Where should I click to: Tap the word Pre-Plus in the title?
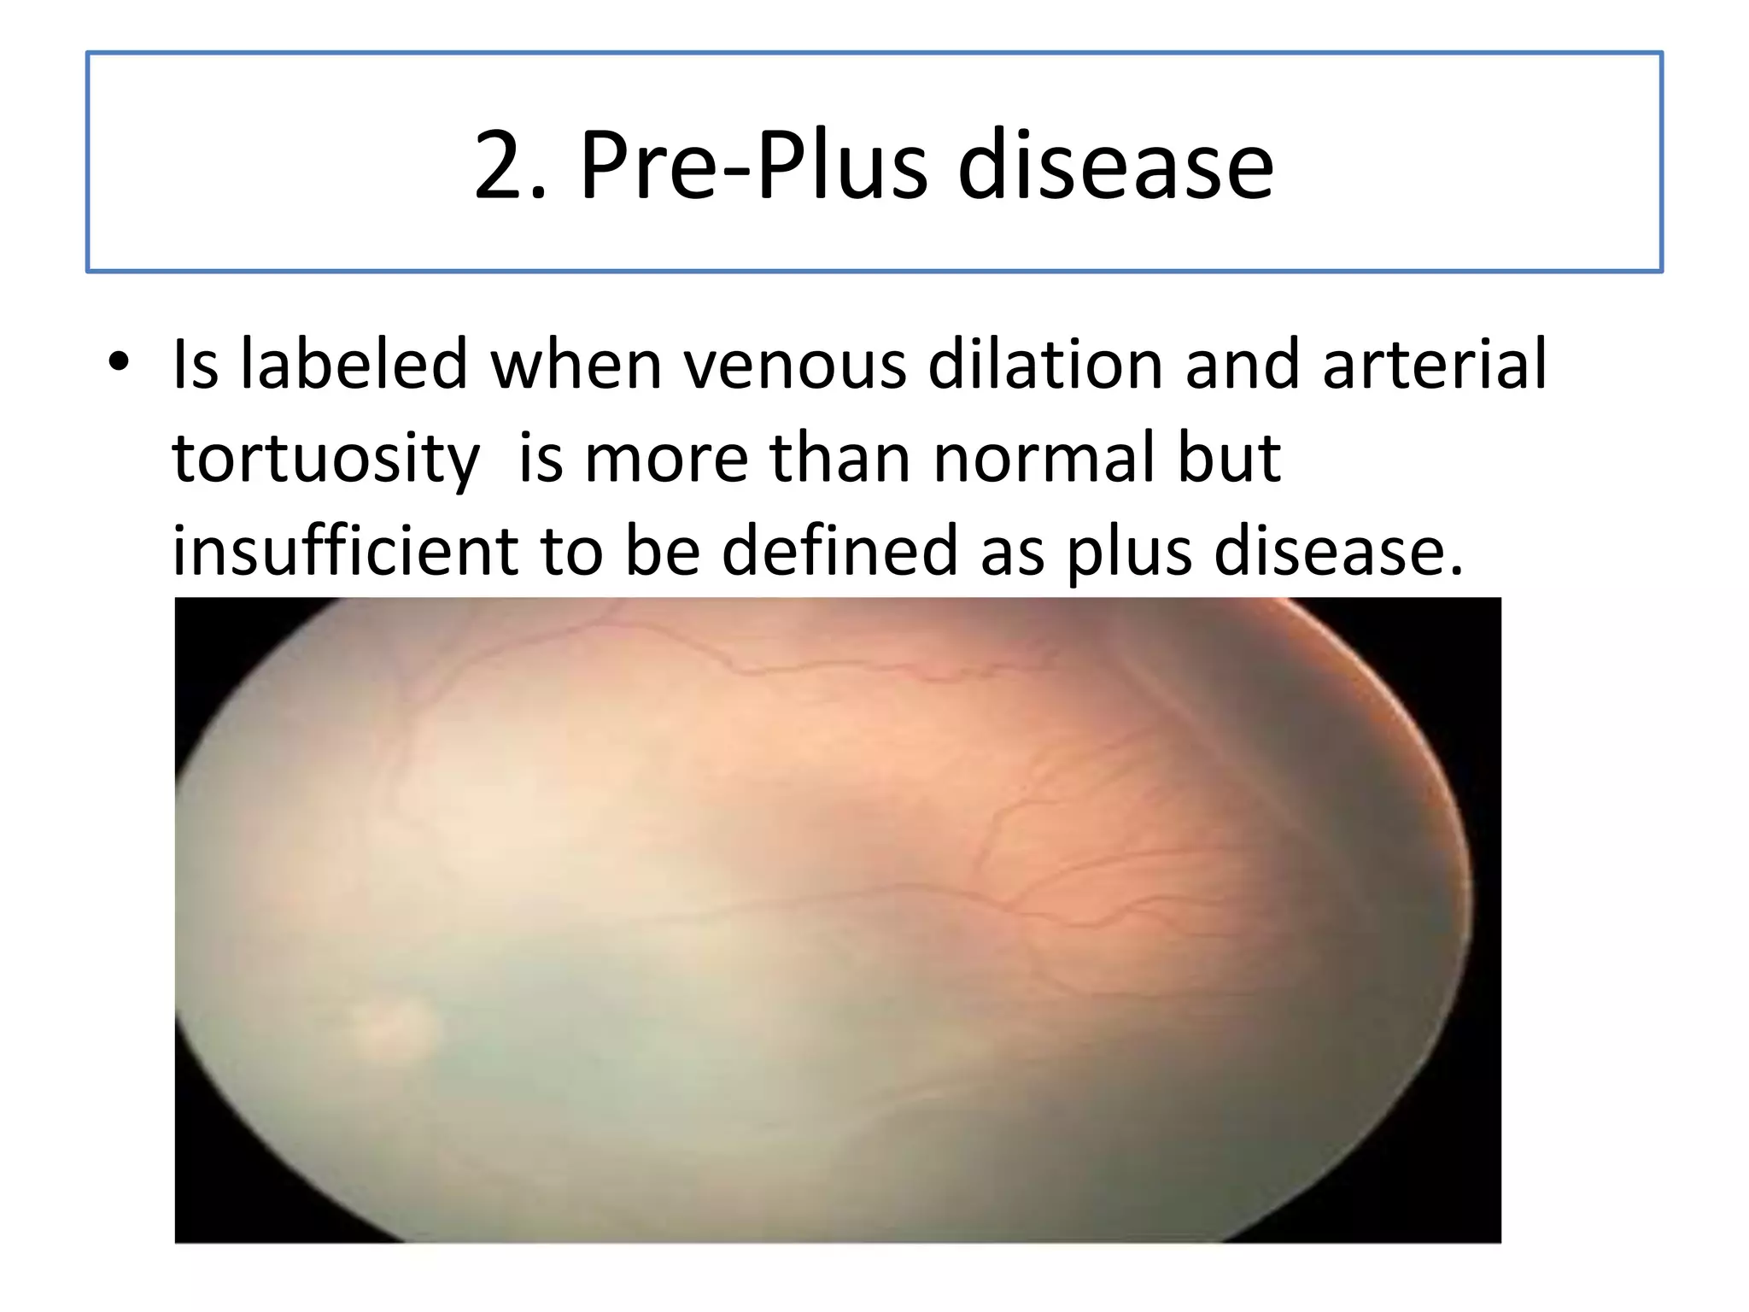(754, 166)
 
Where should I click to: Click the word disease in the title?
(1115, 166)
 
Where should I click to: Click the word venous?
(795, 365)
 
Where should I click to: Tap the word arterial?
(1434, 365)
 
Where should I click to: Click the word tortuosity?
(325, 459)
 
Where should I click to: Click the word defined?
(839, 551)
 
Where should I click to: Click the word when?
(576, 365)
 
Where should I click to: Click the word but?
(1229, 459)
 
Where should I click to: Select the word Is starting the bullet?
(195, 365)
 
